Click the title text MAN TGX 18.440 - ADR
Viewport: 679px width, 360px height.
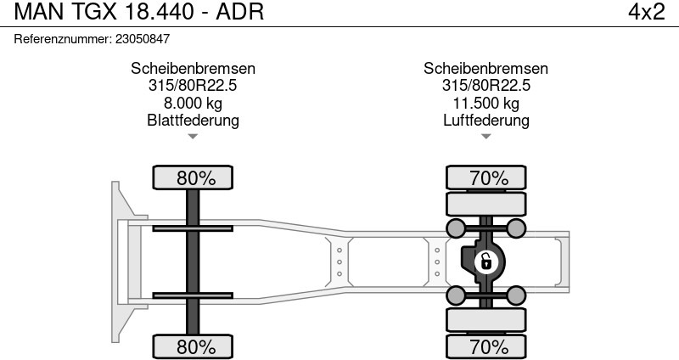tap(139, 12)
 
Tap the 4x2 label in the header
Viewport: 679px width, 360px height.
tap(647, 12)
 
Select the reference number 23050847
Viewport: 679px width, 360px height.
tap(143, 39)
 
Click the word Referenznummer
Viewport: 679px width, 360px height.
tap(63, 39)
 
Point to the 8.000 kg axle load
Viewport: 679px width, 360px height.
tap(193, 103)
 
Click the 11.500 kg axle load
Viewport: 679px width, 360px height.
tap(485, 103)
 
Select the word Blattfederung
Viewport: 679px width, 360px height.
tap(193, 120)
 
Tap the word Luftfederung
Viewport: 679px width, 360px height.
tap(485, 120)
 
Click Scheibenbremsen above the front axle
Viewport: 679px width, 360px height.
tap(193, 69)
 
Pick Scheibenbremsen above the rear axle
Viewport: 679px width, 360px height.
tap(485, 69)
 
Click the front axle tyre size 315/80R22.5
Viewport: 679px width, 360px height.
tap(193, 86)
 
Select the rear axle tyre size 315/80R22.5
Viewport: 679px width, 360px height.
tap(485, 86)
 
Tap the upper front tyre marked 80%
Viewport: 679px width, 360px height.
tap(193, 177)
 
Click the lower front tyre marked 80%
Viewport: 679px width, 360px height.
tap(193, 346)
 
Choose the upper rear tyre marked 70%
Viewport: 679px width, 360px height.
tap(485, 177)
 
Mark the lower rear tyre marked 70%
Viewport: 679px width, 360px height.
tap(485, 346)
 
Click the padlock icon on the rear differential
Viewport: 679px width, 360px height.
tap(485, 262)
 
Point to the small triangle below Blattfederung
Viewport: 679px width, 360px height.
tap(193, 137)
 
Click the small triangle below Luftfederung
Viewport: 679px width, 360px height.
tap(485, 137)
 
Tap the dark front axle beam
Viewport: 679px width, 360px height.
tap(193, 262)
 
